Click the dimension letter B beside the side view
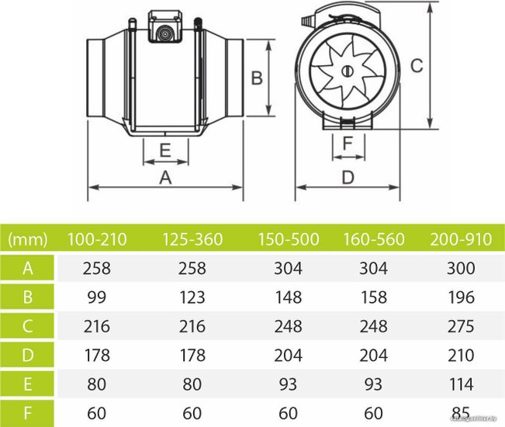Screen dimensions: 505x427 (257, 78)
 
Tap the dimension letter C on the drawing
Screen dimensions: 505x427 (417, 65)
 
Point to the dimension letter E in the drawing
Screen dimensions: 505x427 (165, 150)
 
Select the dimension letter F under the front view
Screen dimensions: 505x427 (348, 144)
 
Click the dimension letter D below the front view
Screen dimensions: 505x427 (348, 177)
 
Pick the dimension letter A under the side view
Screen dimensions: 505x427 (165, 177)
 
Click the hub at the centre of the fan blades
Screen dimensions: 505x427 (348, 71)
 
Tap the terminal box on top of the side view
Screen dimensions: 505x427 (165, 26)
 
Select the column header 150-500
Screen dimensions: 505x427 (289, 239)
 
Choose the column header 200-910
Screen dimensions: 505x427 (461, 239)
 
